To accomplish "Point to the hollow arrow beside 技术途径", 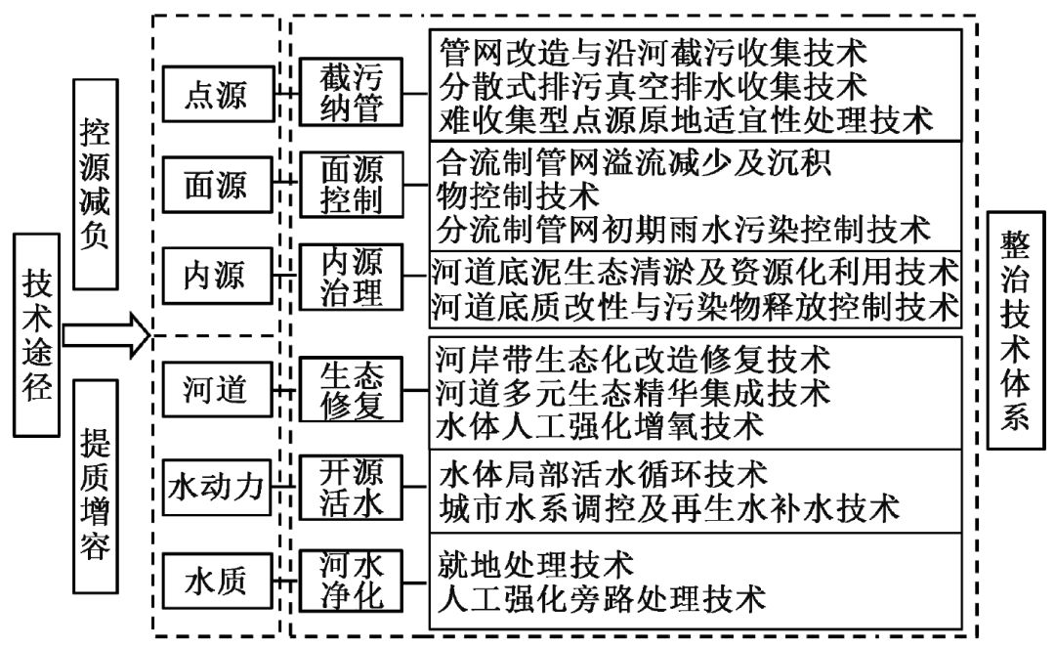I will (x=105, y=335).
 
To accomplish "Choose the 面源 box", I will (x=216, y=185).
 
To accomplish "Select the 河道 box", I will (x=216, y=389).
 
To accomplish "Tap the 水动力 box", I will (x=216, y=485).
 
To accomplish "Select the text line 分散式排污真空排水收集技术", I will (x=653, y=85).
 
